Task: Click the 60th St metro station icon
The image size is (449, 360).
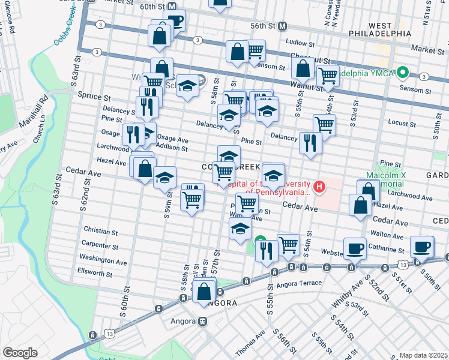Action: point(172,6)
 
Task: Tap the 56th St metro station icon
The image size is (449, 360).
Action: point(282,26)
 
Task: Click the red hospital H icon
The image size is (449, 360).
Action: point(319,187)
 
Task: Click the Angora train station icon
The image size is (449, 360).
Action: point(203,321)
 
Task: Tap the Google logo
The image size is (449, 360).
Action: point(20,353)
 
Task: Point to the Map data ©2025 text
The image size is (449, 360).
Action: point(423,355)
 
